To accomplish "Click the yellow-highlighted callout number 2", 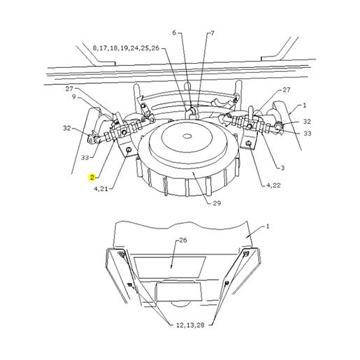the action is [x=92, y=178].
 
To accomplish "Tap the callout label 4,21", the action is [x=101, y=189].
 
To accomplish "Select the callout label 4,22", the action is [x=273, y=185].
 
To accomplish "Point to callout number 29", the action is [x=217, y=203].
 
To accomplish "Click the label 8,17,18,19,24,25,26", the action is [x=126, y=48].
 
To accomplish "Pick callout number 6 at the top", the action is [x=174, y=33].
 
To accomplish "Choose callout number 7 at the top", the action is [x=213, y=33].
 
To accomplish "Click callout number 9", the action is [x=74, y=96].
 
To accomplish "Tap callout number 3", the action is [x=282, y=168].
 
